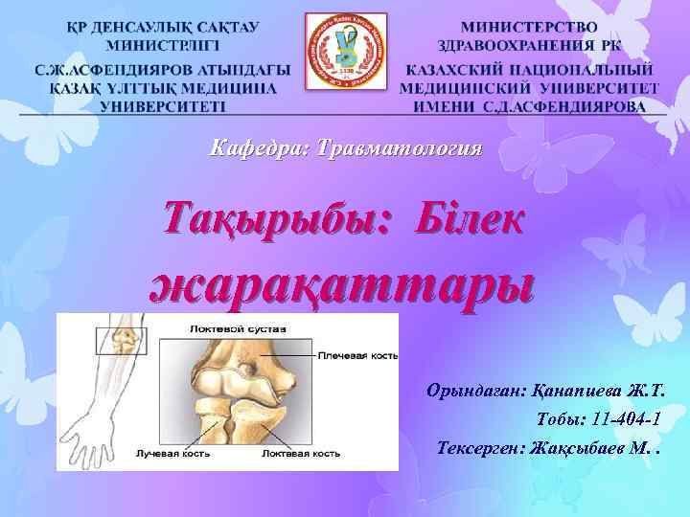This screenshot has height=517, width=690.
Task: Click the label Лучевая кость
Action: click(168, 451)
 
